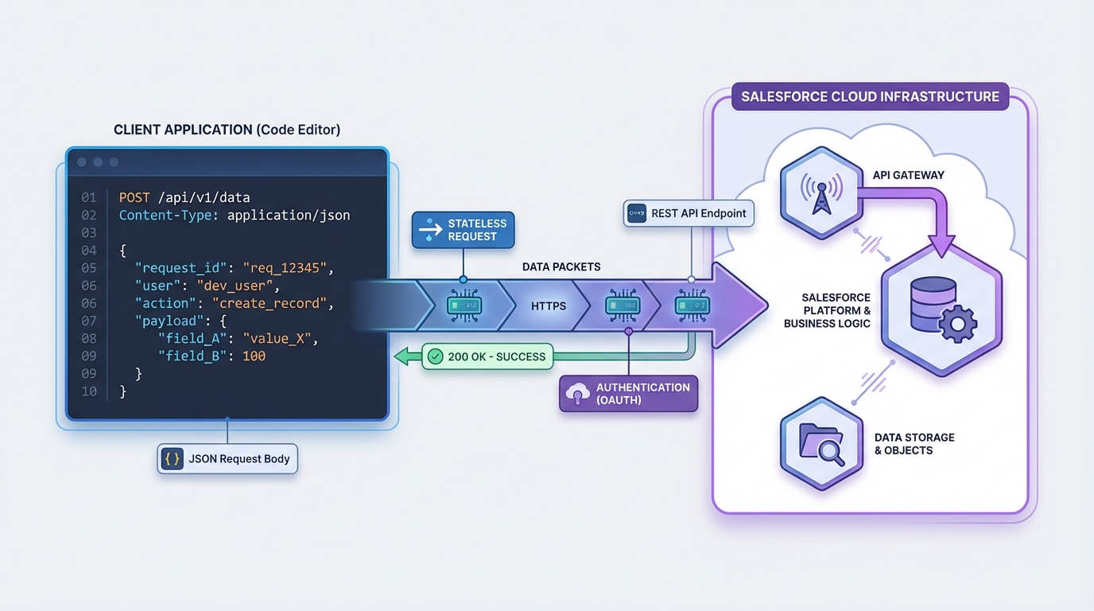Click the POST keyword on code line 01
click(134, 197)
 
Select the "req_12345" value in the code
click(283, 267)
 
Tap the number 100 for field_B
click(254, 356)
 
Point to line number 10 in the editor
click(88, 391)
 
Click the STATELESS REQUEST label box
click(464, 230)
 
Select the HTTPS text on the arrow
click(549, 305)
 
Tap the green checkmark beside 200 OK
click(435, 356)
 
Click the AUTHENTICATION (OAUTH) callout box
click(628, 393)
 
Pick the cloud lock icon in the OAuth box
click(577, 393)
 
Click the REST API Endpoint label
click(689, 213)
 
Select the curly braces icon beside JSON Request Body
click(172, 459)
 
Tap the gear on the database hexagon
click(958, 323)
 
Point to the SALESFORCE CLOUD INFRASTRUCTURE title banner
click(870, 96)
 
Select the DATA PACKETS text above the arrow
click(561, 267)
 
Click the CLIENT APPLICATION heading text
click(227, 130)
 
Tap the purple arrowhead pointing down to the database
click(941, 246)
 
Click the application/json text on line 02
click(288, 215)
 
